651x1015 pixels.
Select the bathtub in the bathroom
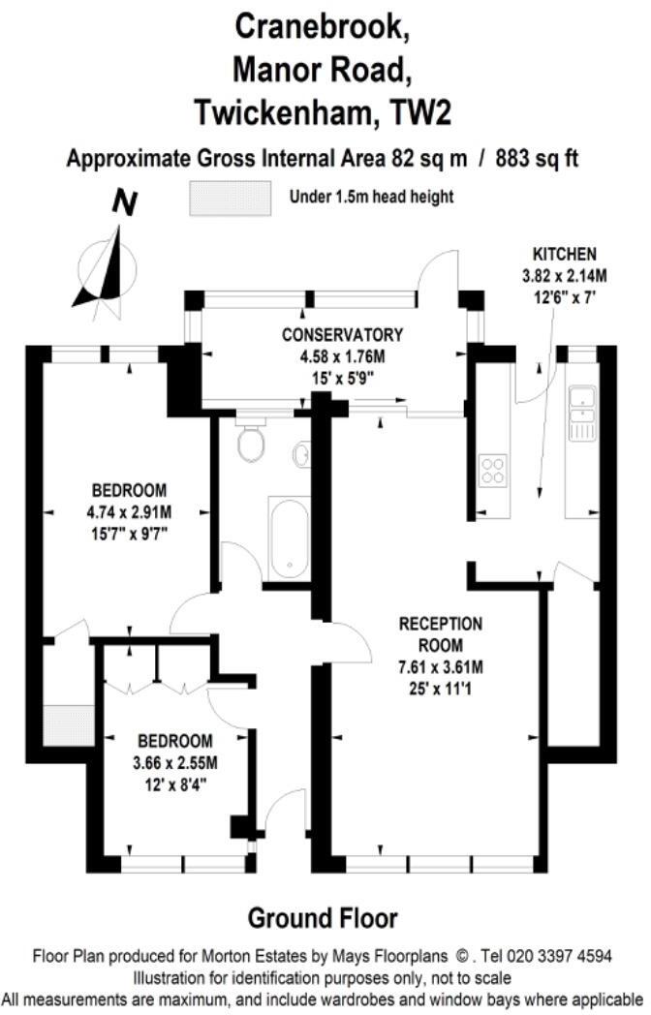289,538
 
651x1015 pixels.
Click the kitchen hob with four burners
492,471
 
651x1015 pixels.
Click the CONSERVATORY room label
342,335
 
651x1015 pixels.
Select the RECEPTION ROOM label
441,633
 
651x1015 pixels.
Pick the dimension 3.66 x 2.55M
176,761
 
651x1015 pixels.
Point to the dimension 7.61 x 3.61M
441,667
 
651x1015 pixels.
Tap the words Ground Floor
323,917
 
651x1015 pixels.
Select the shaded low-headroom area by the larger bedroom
68,724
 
